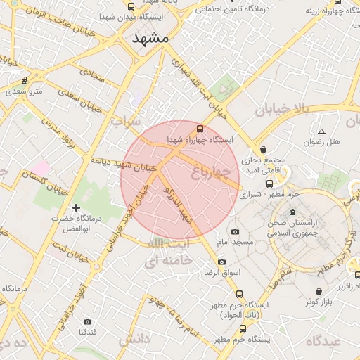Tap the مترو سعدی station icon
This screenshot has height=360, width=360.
(25, 80)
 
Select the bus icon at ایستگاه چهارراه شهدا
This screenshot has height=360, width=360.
(200, 129)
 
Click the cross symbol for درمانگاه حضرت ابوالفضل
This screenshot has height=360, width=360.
(76, 207)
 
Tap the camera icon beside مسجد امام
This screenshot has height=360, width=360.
(235, 231)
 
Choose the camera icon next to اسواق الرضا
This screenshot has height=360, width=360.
(222, 262)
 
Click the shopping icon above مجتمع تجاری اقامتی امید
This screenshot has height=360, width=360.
(263, 149)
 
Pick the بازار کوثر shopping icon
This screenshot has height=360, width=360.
(319, 291)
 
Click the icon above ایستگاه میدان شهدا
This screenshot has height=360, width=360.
(131, 6)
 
